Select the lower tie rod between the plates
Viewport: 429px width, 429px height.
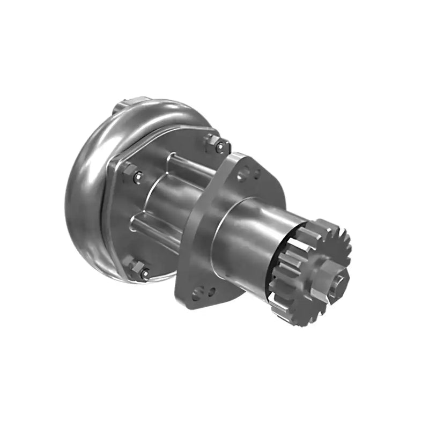156,228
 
